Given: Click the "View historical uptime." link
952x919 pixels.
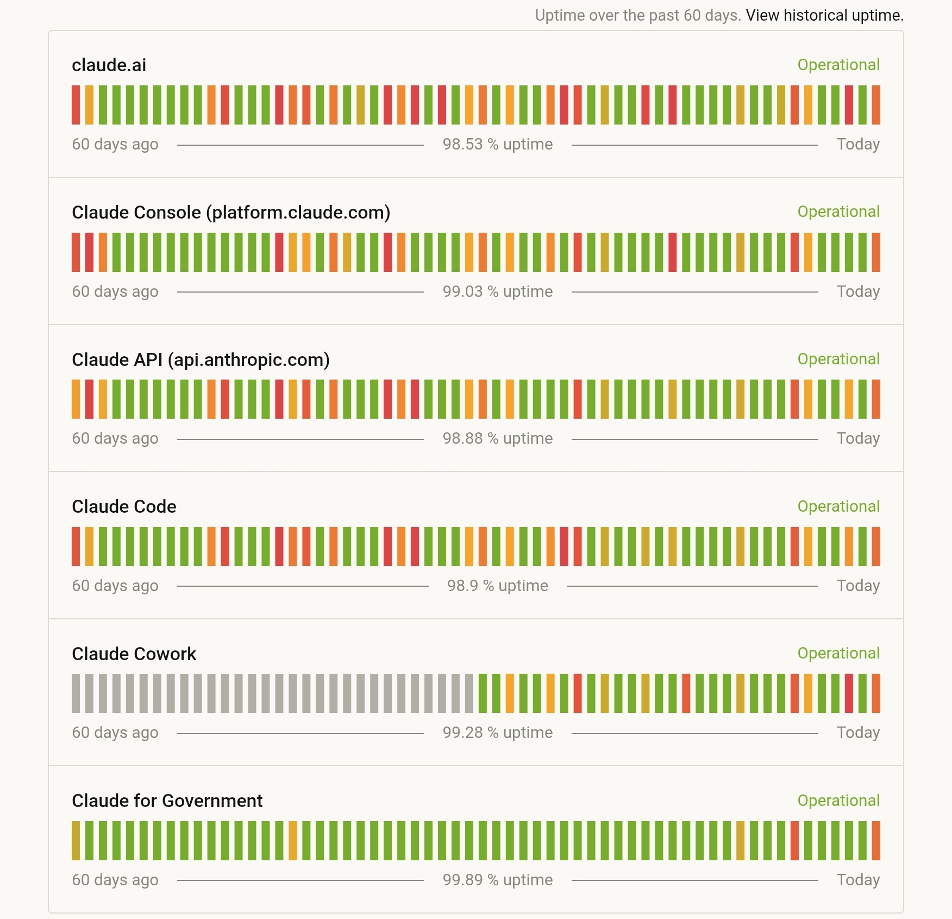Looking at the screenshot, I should click(824, 15).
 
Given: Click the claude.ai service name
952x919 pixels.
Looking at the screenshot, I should click(109, 65).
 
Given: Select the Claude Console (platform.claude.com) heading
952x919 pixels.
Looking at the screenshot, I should click(231, 213).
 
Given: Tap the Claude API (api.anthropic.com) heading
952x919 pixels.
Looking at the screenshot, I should click(201, 360).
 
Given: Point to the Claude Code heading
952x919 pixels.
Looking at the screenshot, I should click(124, 507).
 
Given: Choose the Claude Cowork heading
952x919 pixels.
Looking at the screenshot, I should click(134, 654).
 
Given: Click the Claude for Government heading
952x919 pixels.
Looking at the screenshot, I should click(167, 801).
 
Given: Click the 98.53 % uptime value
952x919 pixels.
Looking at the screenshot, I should click(497, 144).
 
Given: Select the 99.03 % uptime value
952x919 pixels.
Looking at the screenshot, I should click(497, 291).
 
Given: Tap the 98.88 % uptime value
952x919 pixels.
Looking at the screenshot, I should click(497, 438).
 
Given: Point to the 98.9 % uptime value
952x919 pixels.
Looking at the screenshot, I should click(497, 586).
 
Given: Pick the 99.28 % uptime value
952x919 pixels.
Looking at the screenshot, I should click(497, 732).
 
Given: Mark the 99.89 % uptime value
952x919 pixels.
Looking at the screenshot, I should click(497, 880).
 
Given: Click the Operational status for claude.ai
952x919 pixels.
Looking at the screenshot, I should click(838, 65).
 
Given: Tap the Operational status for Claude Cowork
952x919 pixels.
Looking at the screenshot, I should click(838, 653).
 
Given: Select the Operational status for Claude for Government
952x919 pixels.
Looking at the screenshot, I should click(838, 800).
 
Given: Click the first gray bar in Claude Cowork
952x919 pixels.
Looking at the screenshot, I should click(76, 693).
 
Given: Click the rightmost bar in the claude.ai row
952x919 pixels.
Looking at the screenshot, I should click(876, 105).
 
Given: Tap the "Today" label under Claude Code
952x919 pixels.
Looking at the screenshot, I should click(858, 586).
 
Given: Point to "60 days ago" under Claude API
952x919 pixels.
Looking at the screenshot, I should click(115, 438).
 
